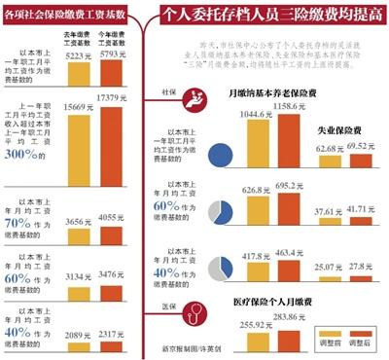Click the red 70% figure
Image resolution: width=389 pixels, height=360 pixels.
coord(20,221)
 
